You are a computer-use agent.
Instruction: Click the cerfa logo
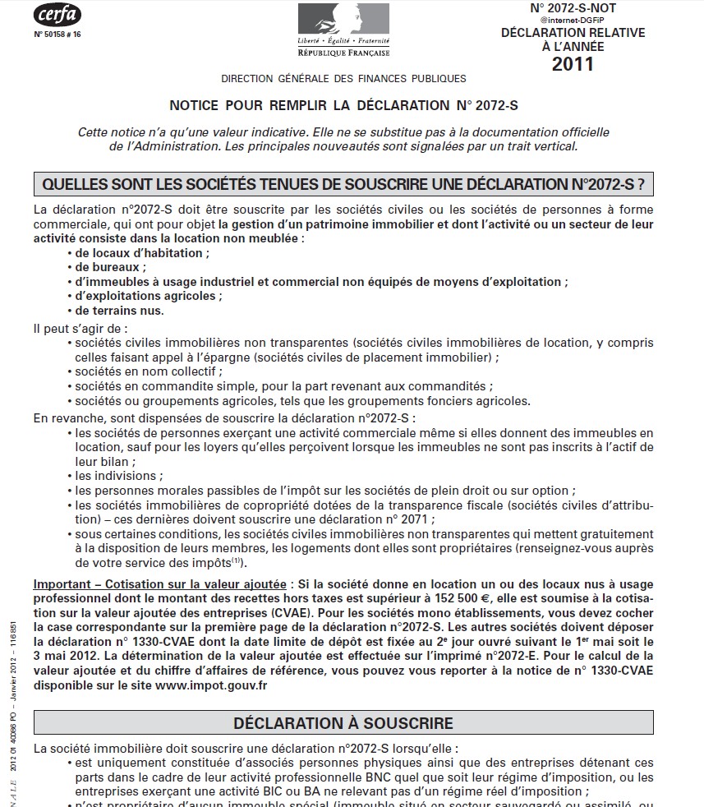(x=57, y=16)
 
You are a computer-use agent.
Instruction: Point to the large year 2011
(x=573, y=64)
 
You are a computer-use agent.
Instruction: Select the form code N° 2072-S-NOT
(x=573, y=8)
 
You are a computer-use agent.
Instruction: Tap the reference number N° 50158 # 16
(x=58, y=35)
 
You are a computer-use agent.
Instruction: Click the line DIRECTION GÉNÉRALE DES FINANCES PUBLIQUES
(x=343, y=79)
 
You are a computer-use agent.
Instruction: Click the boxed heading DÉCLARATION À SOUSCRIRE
(x=343, y=724)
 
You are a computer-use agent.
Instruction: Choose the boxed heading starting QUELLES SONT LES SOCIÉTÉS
(x=343, y=183)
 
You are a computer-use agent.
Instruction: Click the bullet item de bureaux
(x=111, y=267)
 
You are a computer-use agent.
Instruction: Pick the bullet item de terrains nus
(x=120, y=310)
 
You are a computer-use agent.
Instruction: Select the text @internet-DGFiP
(x=573, y=21)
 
